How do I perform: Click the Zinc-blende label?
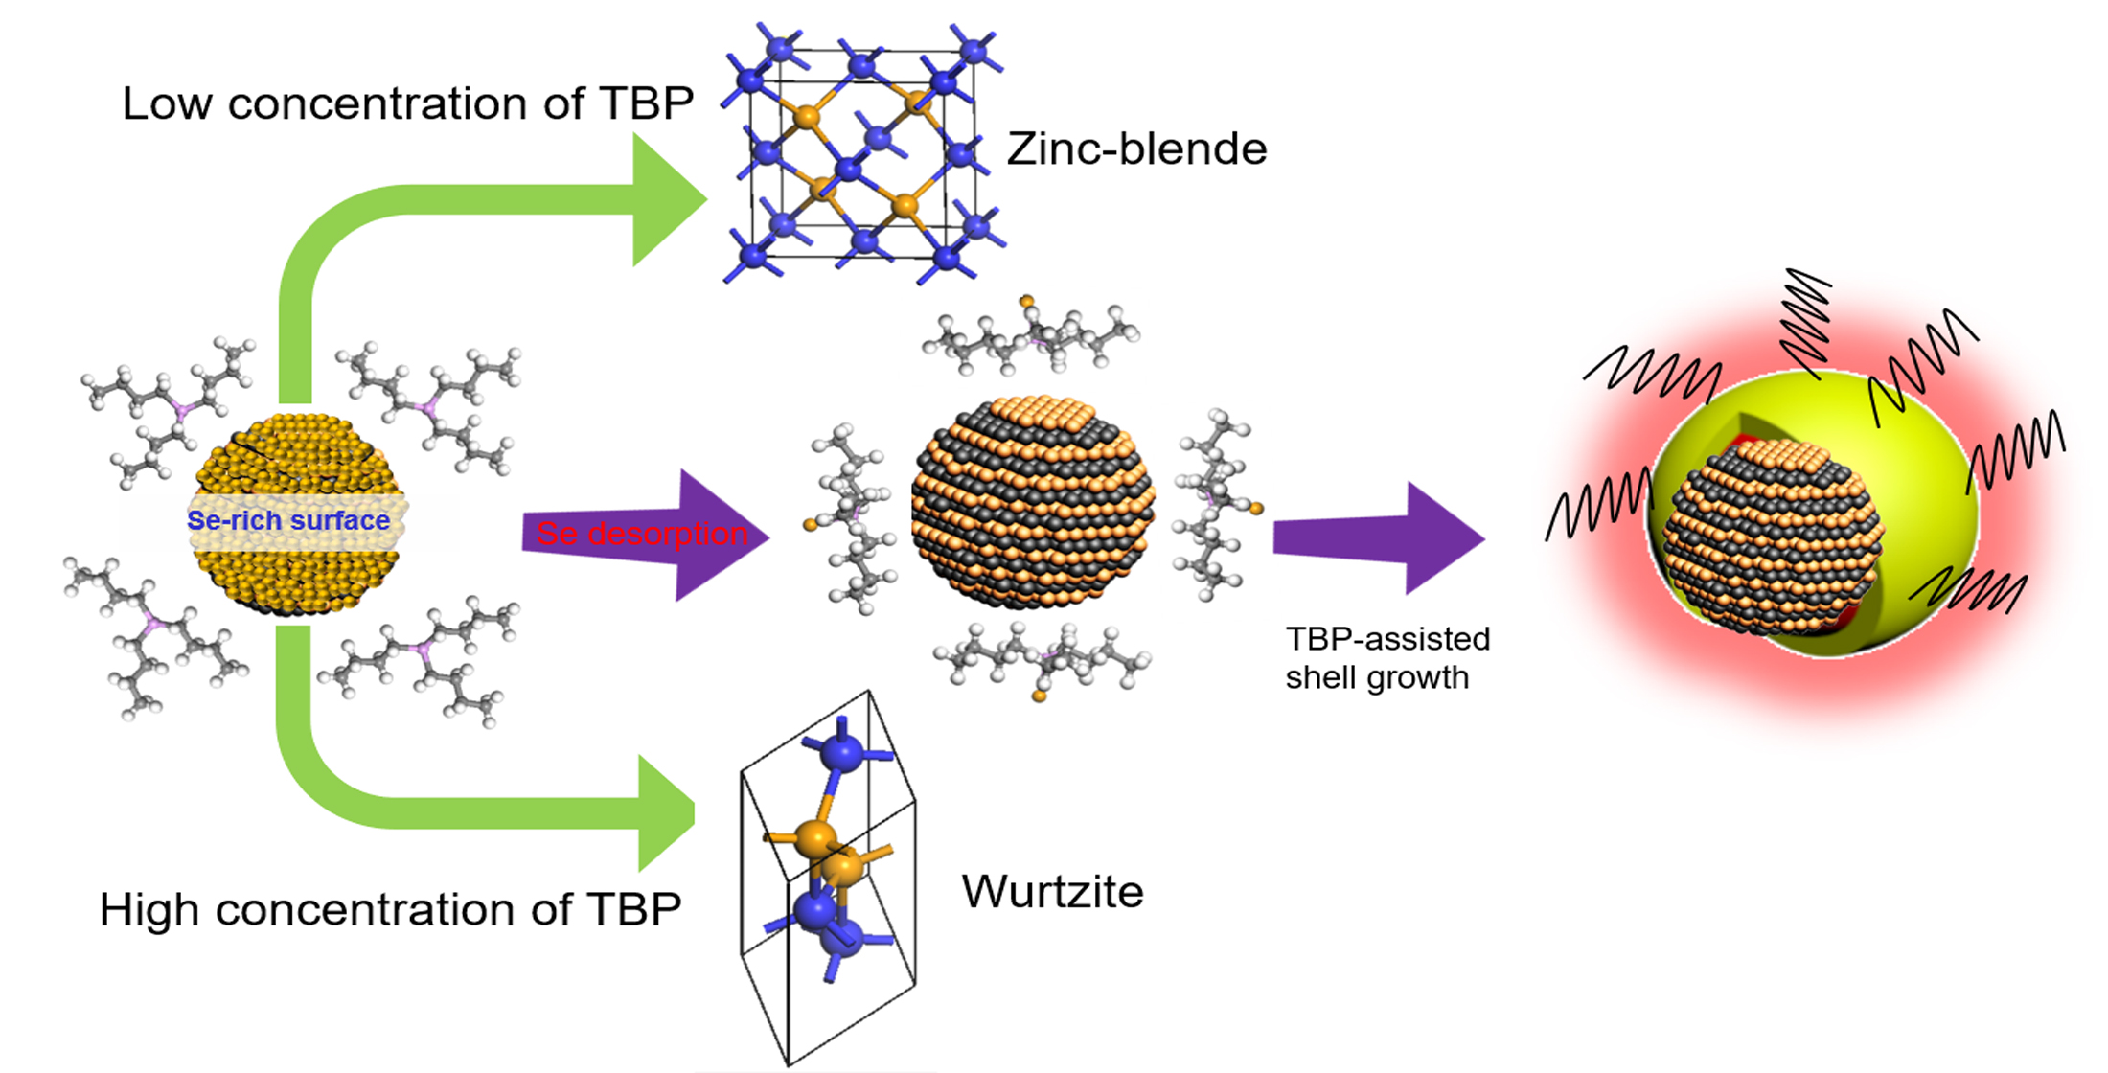coord(1136,149)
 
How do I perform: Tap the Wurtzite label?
coord(1052,892)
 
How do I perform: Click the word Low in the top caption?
coord(167,103)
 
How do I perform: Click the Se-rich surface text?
coord(288,520)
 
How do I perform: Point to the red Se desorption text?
coord(641,534)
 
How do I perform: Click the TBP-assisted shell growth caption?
coord(1386,658)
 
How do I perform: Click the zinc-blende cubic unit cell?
coord(862,153)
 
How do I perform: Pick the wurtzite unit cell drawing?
coord(828,877)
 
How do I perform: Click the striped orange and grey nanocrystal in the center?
coord(1033,503)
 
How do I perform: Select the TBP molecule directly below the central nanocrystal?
coord(1043,661)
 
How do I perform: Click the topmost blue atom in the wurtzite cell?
coord(843,751)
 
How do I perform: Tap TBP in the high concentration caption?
coord(632,909)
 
